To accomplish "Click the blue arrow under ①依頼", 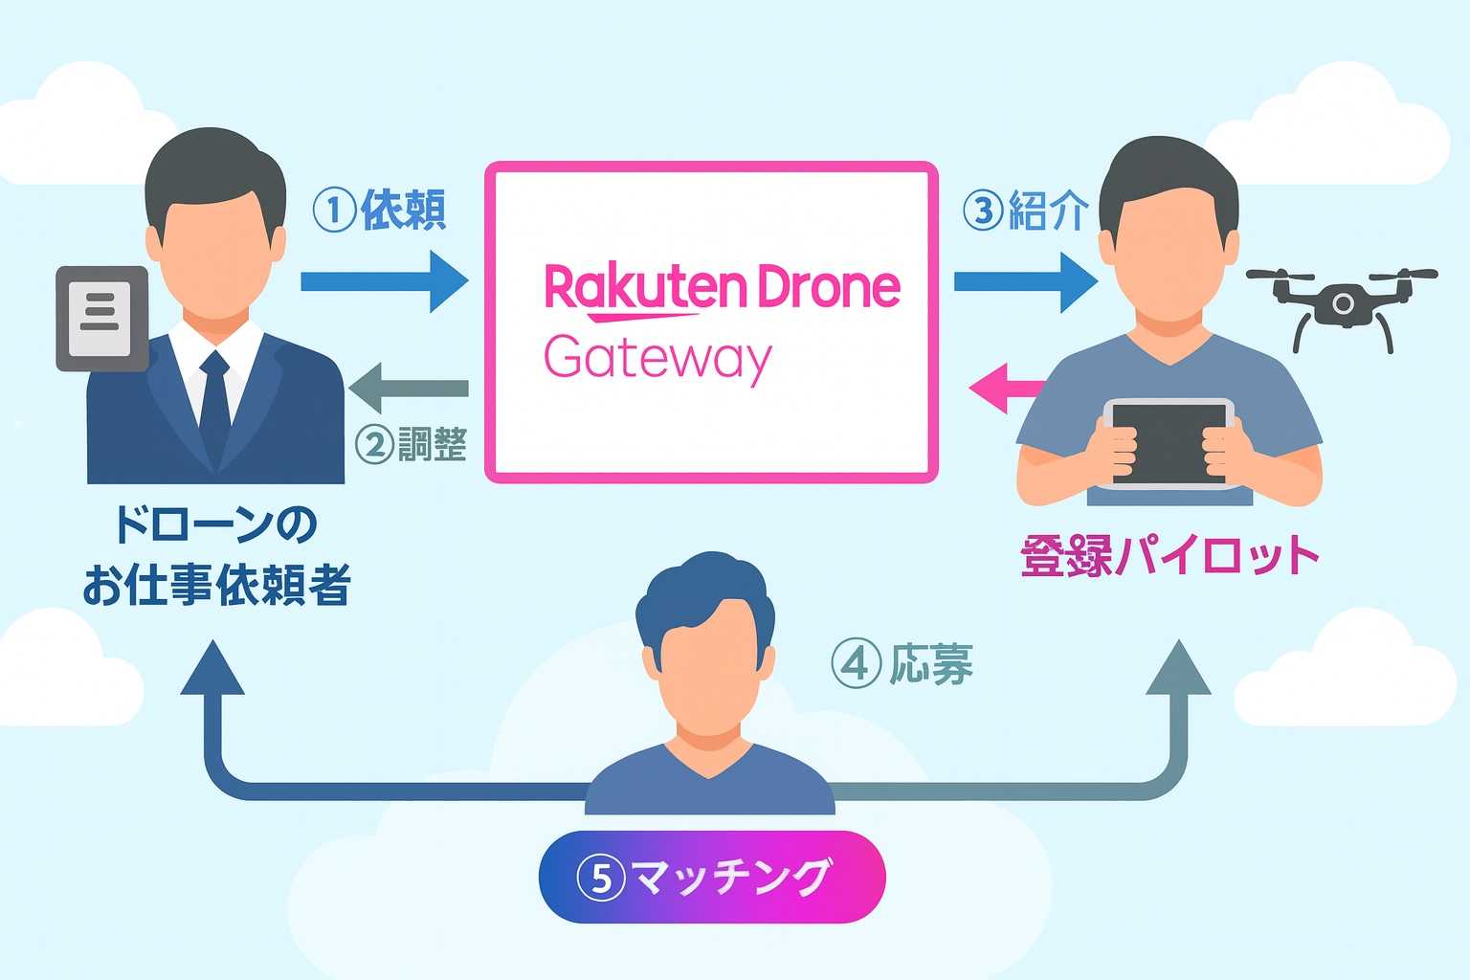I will coord(383,281).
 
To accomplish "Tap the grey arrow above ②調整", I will coord(409,389).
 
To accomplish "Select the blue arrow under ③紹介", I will coord(1024,281).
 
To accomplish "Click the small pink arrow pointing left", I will coord(1005,388).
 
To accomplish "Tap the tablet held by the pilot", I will coord(1169,443).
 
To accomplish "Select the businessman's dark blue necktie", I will coord(215,402).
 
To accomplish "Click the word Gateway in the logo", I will coord(657,359).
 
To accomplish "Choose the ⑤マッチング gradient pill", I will coord(712,877).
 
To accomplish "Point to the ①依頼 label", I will coord(380,210).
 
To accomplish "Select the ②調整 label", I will coord(411,444).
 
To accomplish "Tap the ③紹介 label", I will coord(1025,210).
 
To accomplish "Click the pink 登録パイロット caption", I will coord(1169,555).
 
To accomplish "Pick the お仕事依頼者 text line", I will coord(216,586).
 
